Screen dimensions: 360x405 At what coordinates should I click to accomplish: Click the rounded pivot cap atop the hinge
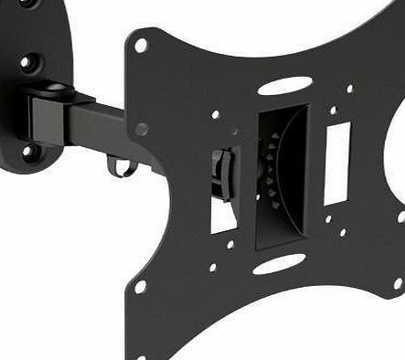tap(57, 89)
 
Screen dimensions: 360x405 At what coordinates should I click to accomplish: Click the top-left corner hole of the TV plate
tap(141, 44)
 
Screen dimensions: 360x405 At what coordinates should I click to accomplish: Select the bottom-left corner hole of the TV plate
tap(140, 286)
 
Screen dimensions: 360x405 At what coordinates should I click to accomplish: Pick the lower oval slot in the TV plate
tap(279, 264)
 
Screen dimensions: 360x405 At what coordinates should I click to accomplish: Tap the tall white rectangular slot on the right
tap(337, 163)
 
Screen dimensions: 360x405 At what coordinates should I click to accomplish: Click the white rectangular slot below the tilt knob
tap(223, 215)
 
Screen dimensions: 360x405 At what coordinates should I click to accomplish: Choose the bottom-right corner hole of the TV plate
tap(398, 284)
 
